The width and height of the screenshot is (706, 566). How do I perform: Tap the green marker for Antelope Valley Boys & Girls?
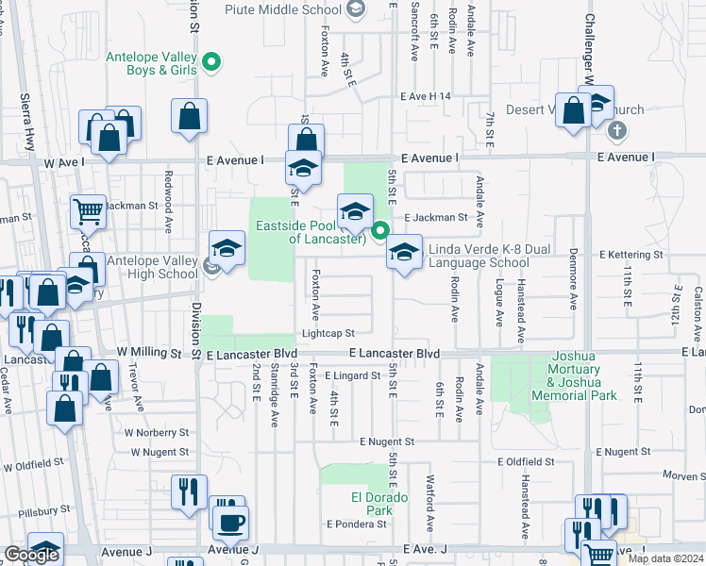[x=213, y=63]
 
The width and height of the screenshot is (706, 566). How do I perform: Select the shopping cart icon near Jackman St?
[x=89, y=211]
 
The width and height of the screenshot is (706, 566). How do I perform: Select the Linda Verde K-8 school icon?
[x=404, y=252]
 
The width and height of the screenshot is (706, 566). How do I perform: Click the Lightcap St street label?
[x=328, y=333]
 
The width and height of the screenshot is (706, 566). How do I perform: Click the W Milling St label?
[x=148, y=352]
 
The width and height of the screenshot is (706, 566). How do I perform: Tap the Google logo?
[x=30, y=556]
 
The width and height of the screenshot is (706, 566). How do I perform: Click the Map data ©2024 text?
[x=666, y=558]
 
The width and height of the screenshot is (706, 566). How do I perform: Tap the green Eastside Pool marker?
[x=380, y=230]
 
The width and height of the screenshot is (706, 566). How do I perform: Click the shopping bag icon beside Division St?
[x=190, y=116]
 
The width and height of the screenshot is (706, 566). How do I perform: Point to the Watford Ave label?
[x=429, y=509]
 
